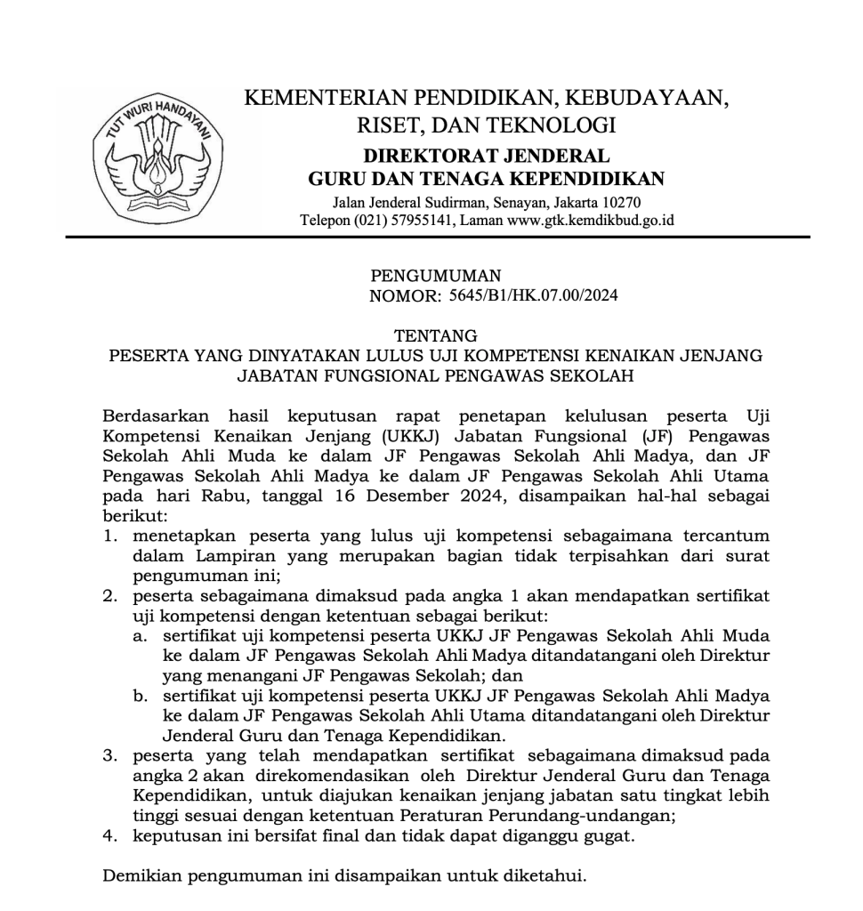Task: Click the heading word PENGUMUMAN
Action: (435, 276)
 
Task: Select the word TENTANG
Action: (435, 336)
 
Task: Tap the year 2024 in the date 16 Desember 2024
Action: (478, 496)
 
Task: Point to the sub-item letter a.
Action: (140, 636)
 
